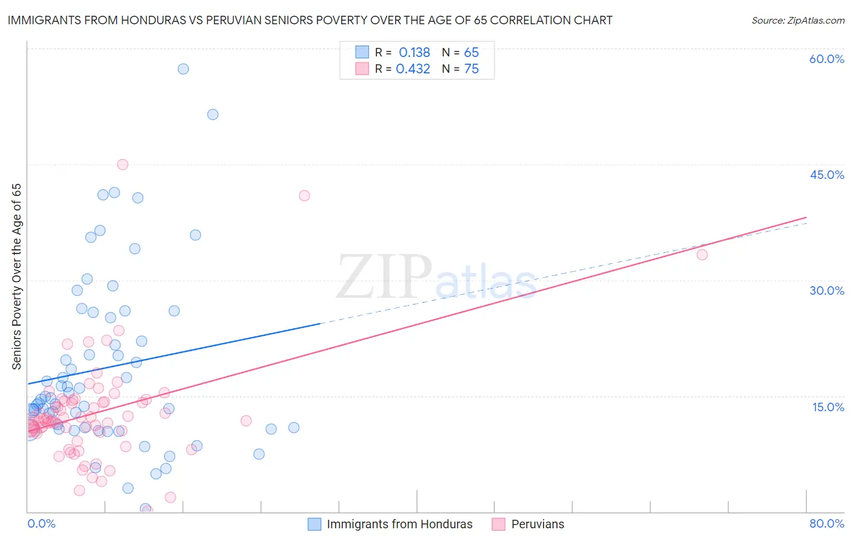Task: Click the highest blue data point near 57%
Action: (x=183, y=69)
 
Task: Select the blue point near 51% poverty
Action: (x=213, y=115)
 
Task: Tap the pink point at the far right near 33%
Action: (x=702, y=255)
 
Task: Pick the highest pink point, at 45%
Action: (x=122, y=164)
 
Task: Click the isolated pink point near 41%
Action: (x=304, y=195)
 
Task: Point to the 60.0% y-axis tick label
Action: (x=827, y=59)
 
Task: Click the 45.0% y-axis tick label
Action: (x=827, y=175)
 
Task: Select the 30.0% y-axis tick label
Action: (x=827, y=291)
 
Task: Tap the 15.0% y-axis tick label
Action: (x=828, y=406)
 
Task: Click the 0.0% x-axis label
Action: (x=41, y=523)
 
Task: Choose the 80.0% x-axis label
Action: (x=827, y=523)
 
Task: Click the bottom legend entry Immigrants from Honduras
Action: (x=399, y=524)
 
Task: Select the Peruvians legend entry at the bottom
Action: (x=537, y=524)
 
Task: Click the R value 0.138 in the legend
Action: (x=414, y=53)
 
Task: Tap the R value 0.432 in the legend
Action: (x=413, y=69)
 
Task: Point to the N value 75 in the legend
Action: (x=471, y=69)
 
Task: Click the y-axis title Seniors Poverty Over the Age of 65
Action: (x=17, y=277)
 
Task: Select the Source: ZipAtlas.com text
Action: (x=797, y=21)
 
